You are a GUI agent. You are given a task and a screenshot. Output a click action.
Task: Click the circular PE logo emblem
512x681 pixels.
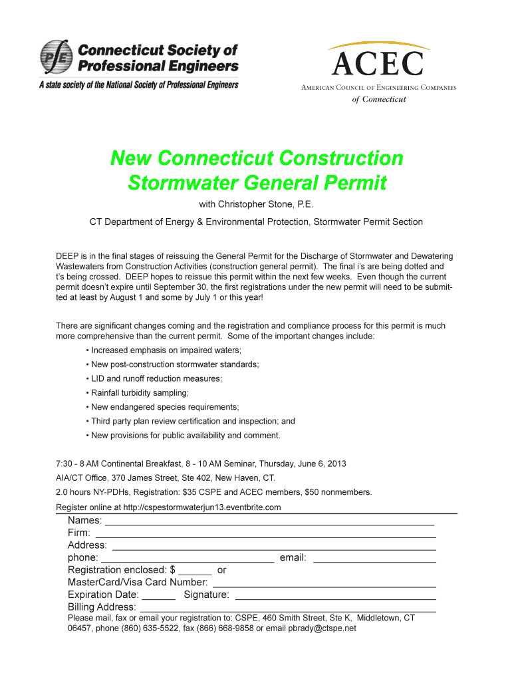pyautogui.click(x=57, y=58)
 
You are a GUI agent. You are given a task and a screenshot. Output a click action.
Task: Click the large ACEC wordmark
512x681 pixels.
pyautogui.click(x=377, y=65)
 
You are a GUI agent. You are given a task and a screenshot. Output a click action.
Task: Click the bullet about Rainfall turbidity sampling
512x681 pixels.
pyautogui.click(x=140, y=393)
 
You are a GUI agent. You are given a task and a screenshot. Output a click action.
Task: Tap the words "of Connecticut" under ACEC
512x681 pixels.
pyautogui.click(x=379, y=99)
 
